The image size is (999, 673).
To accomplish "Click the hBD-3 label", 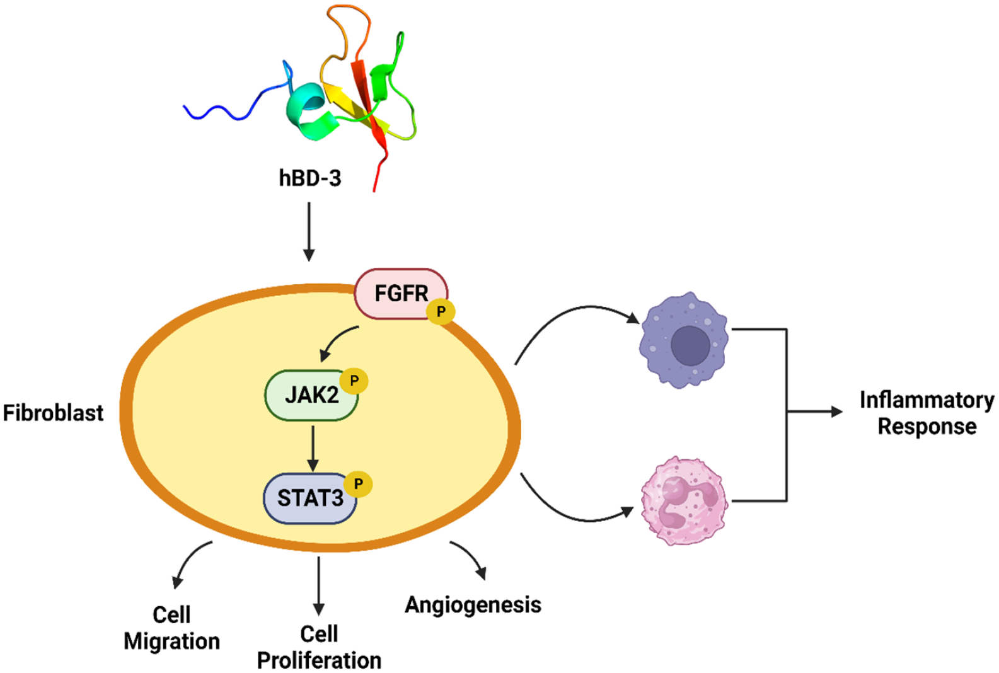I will [x=309, y=178].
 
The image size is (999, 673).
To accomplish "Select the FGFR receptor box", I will [x=397, y=293].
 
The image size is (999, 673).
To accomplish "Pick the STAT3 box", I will [x=309, y=498].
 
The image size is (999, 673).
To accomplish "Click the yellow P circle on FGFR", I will [x=441, y=311].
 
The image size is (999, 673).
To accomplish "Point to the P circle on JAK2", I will [x=354, y=381].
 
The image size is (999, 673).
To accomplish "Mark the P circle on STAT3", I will [x=358, y=484].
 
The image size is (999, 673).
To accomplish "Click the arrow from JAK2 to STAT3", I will [x=313, y=448].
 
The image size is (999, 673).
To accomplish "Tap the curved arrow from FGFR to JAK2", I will [x=337, y=341].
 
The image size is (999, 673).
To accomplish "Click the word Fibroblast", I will [x=53, y=413].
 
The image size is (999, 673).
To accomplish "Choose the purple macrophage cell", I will [x=684, y=340].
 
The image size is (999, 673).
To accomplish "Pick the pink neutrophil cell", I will [x=684, y=501].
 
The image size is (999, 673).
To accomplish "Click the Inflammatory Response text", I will [x=927, y=413].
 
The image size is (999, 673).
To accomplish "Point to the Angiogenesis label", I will [x=473, y=605].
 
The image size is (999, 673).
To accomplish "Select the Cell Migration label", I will [x=171, y=628].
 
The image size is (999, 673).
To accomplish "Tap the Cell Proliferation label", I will [x=319, y=647].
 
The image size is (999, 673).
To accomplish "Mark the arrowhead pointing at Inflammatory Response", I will [x=837, y=412].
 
